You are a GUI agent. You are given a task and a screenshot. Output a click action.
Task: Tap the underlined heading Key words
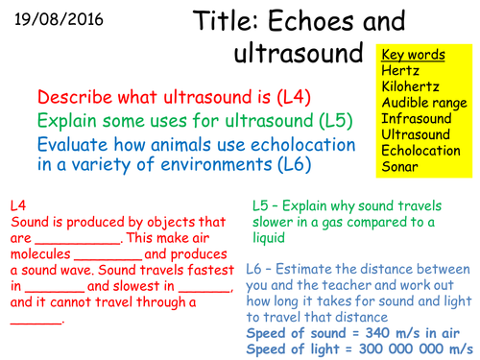(x=413, y=55)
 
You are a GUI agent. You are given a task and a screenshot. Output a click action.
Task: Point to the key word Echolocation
(x=423, y=152)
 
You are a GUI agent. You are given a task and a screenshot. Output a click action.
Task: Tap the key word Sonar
(x=398, y=167)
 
